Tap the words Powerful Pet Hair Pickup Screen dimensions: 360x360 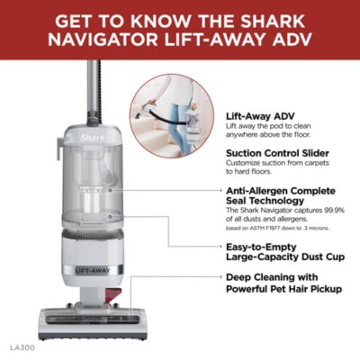point(281,303)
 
